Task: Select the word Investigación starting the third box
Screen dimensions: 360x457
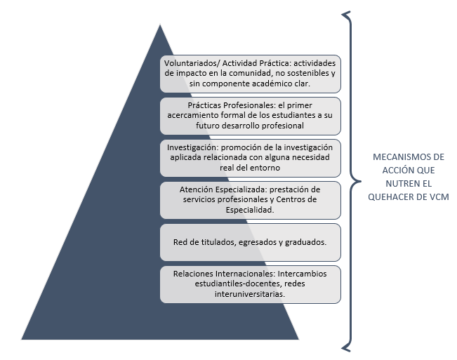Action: click(192, 148)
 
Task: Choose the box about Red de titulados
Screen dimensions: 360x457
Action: click(250, 242)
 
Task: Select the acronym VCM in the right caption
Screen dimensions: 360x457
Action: click(437, 197)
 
